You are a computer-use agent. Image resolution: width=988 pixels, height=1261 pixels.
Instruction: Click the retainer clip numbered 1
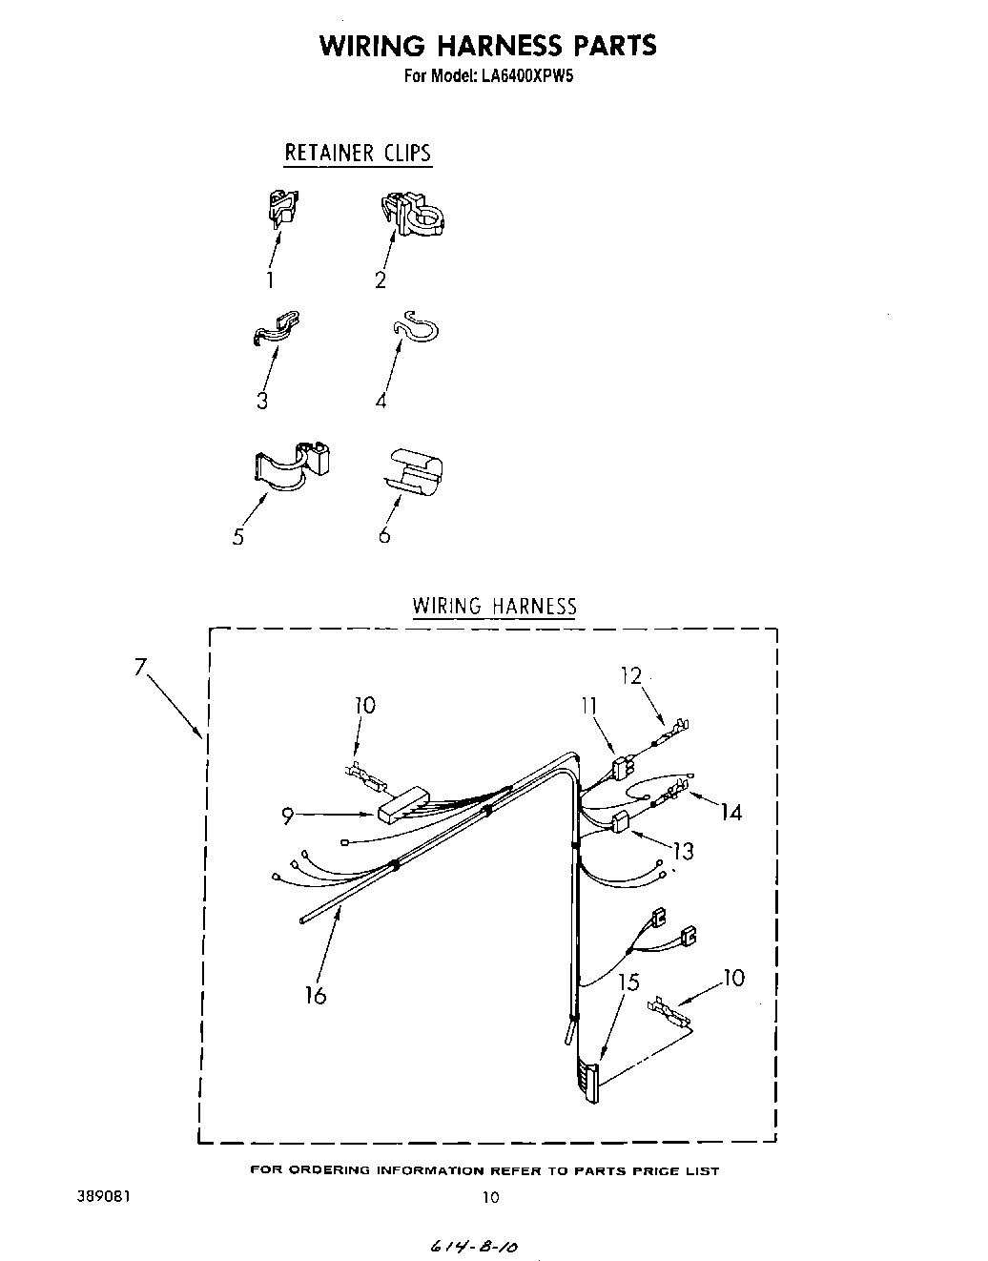click(x=281, y=207)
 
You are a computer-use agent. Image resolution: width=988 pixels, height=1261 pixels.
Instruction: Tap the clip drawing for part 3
click(x=278, y=326)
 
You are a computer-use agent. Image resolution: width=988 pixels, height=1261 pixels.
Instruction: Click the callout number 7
click(x=140, y=667)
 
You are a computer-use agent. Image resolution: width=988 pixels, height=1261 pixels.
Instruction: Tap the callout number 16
click(x=316, y=995)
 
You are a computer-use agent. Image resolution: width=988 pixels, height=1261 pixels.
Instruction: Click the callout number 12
click(x=631, y=676)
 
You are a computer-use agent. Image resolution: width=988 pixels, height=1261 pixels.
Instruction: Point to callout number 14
click(x=731, y=812)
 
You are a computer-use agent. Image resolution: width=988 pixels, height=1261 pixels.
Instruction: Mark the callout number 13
click(x=683, y=850)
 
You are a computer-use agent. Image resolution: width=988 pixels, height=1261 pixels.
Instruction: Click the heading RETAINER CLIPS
click(x=358, y=153)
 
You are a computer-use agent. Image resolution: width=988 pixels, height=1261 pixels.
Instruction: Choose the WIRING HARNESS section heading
click(x=494, y=606)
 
